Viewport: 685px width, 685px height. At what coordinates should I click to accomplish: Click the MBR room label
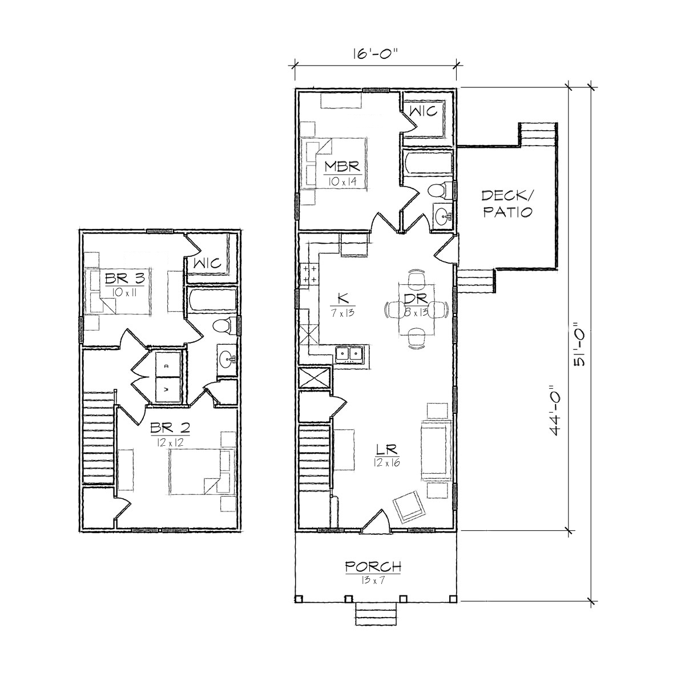342,166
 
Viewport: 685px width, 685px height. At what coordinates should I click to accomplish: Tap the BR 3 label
125,279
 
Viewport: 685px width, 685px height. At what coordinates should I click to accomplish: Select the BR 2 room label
170,428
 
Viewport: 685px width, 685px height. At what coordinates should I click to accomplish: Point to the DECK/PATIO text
507,203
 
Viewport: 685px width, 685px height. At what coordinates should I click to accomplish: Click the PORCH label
373,566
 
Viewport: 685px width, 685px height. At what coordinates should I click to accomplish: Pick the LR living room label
387,450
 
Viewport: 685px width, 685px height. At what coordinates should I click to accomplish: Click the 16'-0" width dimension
374,54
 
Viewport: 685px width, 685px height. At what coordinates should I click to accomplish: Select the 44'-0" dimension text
556,410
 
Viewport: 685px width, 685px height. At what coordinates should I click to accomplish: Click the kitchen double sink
349,354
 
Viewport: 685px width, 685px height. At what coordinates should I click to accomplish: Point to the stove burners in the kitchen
309,274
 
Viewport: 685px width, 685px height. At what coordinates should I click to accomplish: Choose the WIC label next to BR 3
207,263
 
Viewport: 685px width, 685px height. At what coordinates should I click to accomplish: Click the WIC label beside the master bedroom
423,111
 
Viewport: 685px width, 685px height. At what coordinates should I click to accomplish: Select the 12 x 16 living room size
387,462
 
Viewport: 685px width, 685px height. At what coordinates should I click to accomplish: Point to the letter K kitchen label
342,298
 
